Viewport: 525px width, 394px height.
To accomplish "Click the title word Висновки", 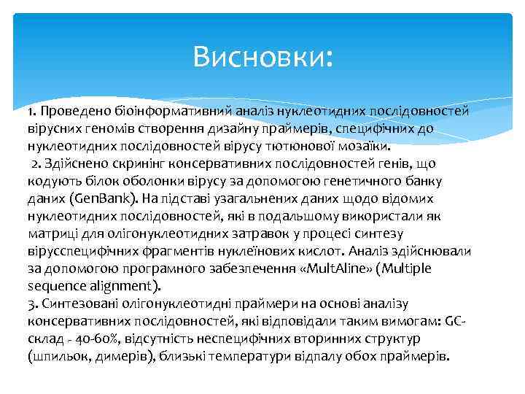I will [x=262, y=56].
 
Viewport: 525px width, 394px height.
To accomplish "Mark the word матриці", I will [x=52, y=233].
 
